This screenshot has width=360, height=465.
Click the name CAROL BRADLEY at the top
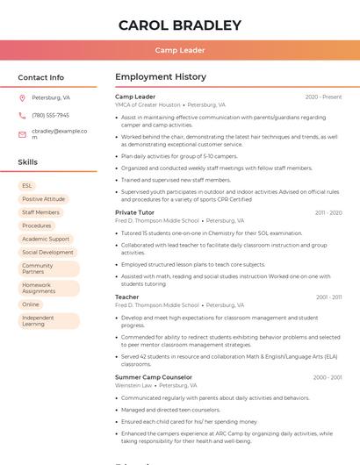pyautogui.click(x=180, y=25)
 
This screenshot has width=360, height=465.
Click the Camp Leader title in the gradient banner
pyautogui.click(x=180, y=50)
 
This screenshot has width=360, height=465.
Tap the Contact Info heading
pyautogui.click(x=41, y=77)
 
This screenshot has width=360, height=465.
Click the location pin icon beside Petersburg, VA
pyautogui.click(x=22, y=97)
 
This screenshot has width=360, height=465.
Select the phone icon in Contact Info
pyautogui.click(x=22, y=115)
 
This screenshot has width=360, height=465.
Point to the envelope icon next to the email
pyautogui.click(x=22, y=134)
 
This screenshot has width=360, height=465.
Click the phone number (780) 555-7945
pyautogui.click(x=50, y=115)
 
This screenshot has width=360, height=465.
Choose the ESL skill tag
pyautogui.click(x=27, y=186)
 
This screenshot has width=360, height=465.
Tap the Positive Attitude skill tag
pyautogui.click(x=43, y=199)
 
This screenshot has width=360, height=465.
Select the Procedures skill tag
pyautogui.click(x=37, y=225)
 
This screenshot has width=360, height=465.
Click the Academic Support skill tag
pyautogui.click(x=46, y=239)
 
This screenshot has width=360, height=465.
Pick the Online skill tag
pyautogui.click(x=31, y=304)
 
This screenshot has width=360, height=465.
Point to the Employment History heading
pyautogui.click(x=161, y=77)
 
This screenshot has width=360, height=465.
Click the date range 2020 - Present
pyautogui.click(x=323, y=97)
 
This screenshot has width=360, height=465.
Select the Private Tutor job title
pyautogui.click(x=134, y=212)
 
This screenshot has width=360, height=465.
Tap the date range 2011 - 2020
pyautogui.click(x=327, y=212)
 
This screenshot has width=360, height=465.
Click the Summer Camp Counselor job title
pyautogui.click(x=154, y=377)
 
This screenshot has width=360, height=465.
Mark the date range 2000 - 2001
pyautogui.click(x=327, y=377)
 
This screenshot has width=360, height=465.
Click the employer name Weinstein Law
pyautogui.click(x=133, y=385)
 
